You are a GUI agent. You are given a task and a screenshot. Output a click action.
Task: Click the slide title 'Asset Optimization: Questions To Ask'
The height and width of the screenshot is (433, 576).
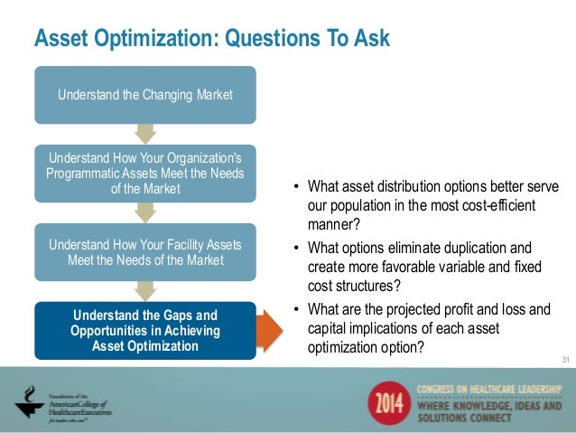coord(211,39)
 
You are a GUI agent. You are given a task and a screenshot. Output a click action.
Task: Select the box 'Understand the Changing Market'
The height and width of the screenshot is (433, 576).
coord(144,95)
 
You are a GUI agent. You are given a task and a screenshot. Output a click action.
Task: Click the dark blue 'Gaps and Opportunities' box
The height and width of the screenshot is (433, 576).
coord(144,331)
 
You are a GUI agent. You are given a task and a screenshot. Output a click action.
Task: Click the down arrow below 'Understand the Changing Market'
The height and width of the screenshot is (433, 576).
coord(144,134)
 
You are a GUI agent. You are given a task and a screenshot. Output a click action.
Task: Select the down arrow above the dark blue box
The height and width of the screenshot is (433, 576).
coord(144,291)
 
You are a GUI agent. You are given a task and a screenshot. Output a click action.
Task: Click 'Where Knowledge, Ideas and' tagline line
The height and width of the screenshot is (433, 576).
coord(488,404)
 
